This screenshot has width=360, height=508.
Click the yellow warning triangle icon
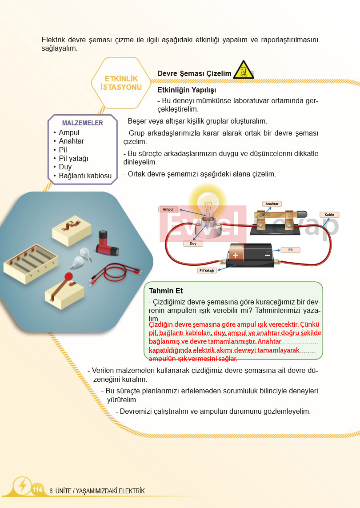click(244, 69)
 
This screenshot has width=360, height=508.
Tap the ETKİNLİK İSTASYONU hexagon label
click(121, 83)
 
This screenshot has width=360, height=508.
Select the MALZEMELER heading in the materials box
click(82, 123)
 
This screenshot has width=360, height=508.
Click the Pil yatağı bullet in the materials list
click(73, 158)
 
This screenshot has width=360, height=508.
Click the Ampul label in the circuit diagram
click(168, 209)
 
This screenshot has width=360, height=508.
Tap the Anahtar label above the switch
click(272, 204)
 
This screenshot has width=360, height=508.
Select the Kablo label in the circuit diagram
click(329, 215)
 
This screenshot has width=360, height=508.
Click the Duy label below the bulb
click(193, 243)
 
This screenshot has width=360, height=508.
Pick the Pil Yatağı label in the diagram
click(207, 270)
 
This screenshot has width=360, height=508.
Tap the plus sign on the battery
click(235, 255)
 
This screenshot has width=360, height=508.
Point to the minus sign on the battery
click(267, 255)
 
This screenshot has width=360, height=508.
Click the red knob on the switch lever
click(68, 276)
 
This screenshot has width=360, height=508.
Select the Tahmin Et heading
click(166, 291)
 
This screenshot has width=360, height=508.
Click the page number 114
click(38, 489)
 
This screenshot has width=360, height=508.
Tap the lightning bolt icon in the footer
click(23, 485)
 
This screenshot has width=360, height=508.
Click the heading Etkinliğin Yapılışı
click(187, 90)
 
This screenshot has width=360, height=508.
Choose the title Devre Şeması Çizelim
click(194, 73)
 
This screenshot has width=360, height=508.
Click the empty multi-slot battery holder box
click(31, 263)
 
